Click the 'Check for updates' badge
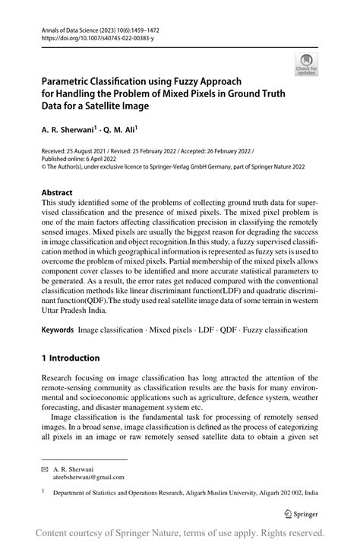pos(306,65)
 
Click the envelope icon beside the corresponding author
pos(44,470)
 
